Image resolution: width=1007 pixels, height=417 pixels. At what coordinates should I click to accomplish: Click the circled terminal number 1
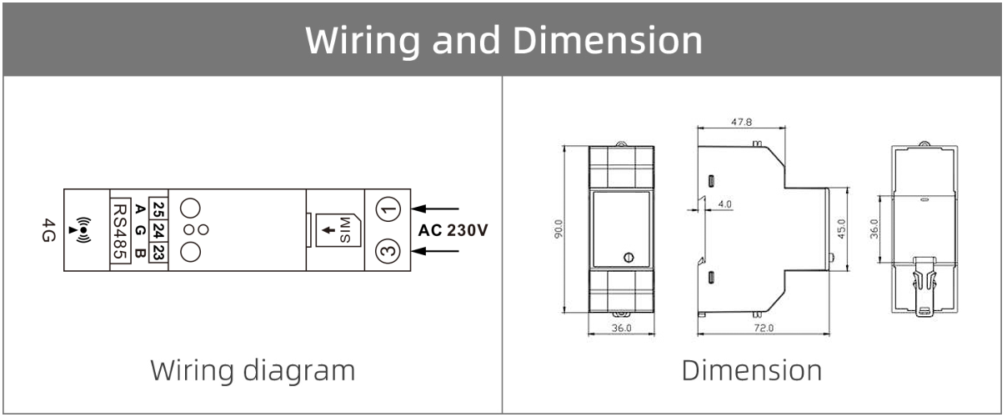click(x=386, y=208)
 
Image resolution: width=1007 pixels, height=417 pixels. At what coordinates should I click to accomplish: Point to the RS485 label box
click(x=118, y=229)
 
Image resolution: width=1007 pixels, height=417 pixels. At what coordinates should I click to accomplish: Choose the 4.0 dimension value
click(x=724, y=203)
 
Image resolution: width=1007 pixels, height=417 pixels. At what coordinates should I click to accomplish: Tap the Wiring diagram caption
click(x=253, y=369)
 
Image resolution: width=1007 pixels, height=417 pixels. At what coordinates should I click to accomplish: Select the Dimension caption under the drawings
click(x=752, y=369)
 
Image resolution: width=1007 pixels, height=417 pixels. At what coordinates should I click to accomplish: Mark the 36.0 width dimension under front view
click(x=622, y=329)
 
